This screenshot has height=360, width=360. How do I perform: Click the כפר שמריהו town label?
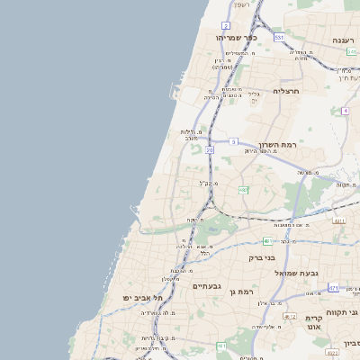(237, 39)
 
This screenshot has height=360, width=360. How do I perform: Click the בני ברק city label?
(262, 257)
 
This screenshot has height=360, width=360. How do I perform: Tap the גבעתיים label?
(207, 285)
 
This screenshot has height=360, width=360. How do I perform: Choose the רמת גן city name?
(246, 291)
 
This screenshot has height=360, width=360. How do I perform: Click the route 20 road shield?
(209, 150)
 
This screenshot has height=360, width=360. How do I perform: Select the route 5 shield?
(233, 141)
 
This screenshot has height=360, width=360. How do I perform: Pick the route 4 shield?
(345, 111)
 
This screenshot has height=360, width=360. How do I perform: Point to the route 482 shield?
(243, 190)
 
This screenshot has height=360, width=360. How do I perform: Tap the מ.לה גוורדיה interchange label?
(153, 312)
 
